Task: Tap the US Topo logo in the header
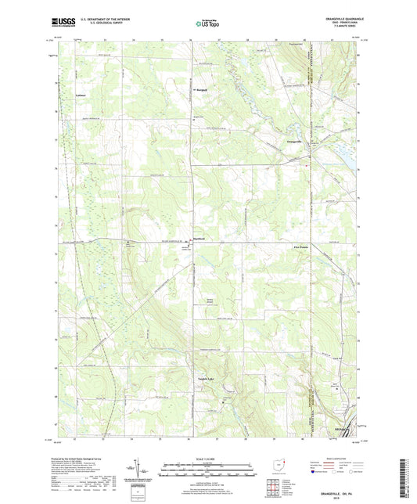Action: click(x=205, y=24)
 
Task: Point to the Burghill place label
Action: click(x=201, y=89)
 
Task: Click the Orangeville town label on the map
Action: click(x=290, y=141)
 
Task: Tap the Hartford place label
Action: click(x=199, y=240)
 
